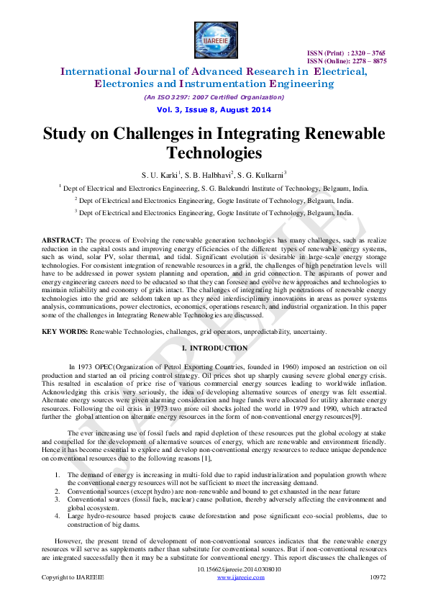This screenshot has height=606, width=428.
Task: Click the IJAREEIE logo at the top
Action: pyautogui.click(x=214, y=40)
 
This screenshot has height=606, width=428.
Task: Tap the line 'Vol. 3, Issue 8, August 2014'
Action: pyautogui.click(x=214, y=109)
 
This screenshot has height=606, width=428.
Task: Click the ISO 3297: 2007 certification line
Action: pyautogui.click(x=214, y=96)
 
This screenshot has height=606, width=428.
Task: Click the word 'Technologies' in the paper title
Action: pyautogui.click(x=214, y=153)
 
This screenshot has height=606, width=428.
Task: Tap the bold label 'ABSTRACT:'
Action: pyautogui.click(x=63, y=239)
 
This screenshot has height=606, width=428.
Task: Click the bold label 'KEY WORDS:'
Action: pyautogui.click(x=64, y=331)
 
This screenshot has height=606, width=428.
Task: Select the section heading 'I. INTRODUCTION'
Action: pyautogui.click(x=214, y=348)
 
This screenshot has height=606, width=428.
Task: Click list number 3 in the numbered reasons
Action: pyautogui.click(x=58, y=498)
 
